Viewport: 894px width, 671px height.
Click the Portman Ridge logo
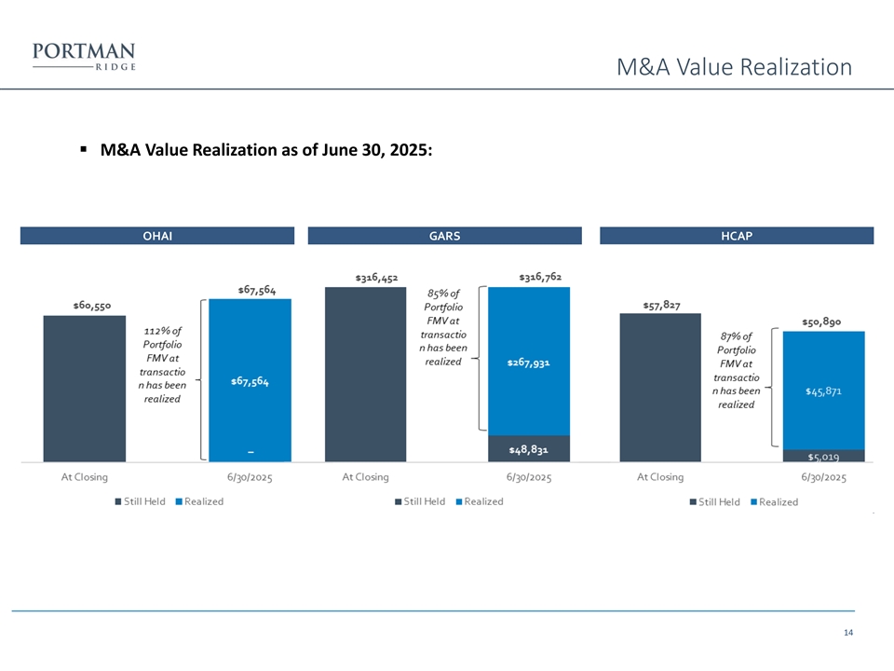84,56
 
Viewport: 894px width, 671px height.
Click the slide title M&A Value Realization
735,67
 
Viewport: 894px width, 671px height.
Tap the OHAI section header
156,236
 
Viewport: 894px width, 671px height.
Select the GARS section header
444,236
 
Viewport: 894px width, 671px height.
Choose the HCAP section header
737,236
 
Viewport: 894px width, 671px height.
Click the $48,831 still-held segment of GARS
528,449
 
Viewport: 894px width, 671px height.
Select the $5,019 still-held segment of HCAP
824,457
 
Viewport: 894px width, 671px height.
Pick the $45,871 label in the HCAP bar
824,391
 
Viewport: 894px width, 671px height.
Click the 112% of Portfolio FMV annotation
162,364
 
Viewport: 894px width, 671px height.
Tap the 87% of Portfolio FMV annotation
737,370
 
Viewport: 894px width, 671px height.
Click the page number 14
847,634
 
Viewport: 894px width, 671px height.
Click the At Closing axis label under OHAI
85,477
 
